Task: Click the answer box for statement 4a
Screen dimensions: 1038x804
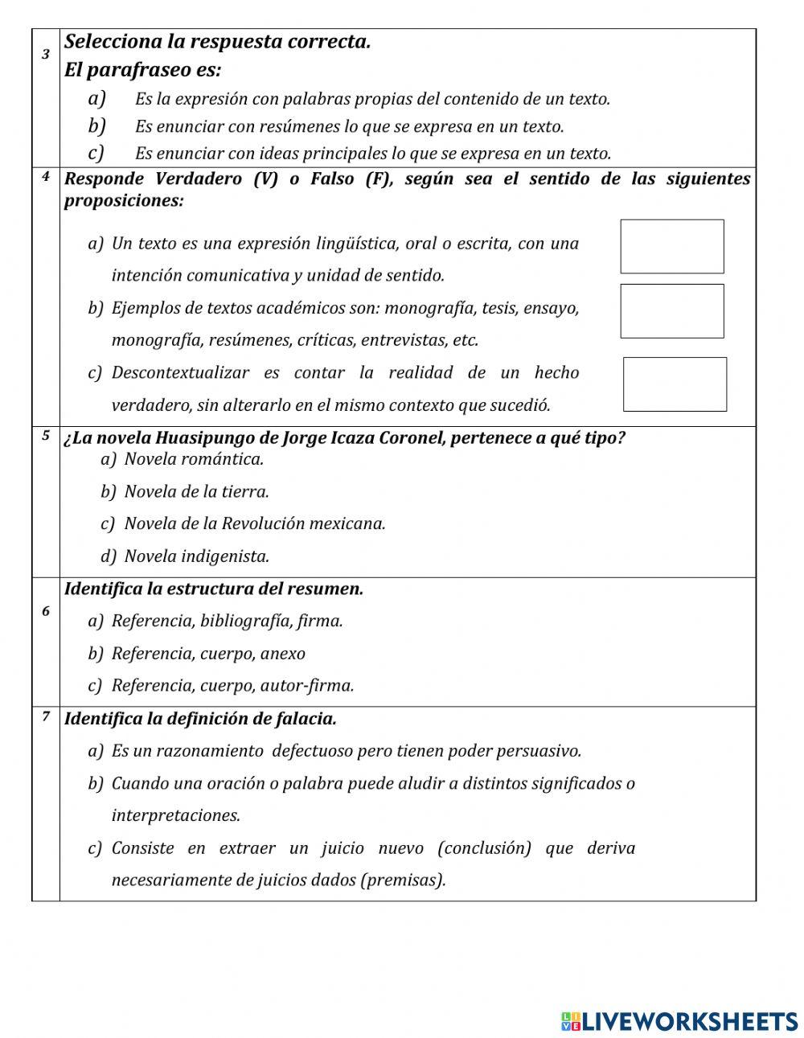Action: pos(671,246)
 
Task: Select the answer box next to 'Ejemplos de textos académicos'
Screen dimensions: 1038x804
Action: pos(671,310)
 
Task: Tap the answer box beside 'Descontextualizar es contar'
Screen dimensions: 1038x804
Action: pos(675,384)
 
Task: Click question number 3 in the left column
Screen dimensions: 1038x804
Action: pos(46,54)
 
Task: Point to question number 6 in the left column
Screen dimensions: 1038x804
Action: pos(46,611)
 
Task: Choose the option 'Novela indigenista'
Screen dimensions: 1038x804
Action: pos(196,556)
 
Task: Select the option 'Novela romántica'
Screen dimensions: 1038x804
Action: pos(193,459)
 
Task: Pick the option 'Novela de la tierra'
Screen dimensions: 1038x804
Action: pos(196,491)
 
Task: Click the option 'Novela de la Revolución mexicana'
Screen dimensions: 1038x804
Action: pos(254,523)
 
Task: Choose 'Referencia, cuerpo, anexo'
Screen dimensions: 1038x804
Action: pos(207,653)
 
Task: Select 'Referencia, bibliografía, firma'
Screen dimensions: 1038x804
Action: pos(227,621)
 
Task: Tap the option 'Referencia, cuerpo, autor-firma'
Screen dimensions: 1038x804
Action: pos(232,685)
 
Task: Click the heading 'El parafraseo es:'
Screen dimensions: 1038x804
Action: pos(142,70)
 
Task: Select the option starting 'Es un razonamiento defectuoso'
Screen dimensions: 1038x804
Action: pos(346,750)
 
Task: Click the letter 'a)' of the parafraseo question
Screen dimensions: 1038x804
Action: pos(97,98)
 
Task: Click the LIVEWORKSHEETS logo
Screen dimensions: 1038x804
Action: pos(679,1021)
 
